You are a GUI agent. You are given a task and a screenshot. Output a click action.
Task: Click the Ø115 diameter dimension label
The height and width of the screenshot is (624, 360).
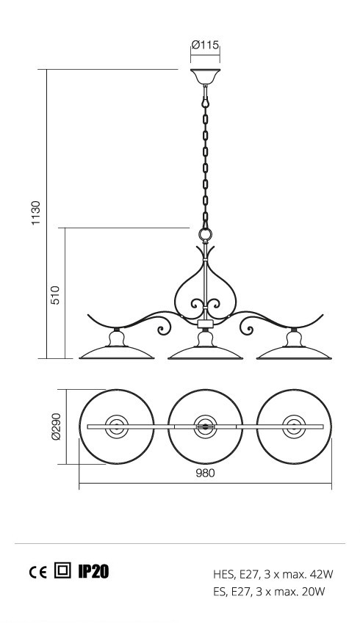pyautogui.click(x=206, y=45)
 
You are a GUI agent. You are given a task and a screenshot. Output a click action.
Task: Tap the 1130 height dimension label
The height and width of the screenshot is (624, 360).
pyautogui.click(x=36, y=213)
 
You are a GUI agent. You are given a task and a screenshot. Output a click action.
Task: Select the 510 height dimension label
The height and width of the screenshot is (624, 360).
pyautogui.click(x=55, y=295)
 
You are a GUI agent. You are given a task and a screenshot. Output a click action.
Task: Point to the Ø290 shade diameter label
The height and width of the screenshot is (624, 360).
pyautogui.click(x=56, y=427)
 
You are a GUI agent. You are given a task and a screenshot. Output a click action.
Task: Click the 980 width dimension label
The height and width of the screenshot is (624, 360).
pyautogui.click(x=206, y=474)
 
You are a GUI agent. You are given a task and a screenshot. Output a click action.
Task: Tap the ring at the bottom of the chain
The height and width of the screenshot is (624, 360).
pyautogui.click(x=206, y=234)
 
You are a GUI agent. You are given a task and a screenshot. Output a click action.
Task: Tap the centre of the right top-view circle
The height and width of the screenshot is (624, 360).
pyautogui.click(x=294, y=427)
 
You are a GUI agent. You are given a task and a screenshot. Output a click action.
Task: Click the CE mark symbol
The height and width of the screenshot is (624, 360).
pyautogui.click(x=37, y=573)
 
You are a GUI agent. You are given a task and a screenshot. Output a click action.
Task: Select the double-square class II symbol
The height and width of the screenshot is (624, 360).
pyautogui.click(x=62, y=570)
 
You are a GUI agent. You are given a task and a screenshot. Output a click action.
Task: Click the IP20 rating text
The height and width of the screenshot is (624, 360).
pyautogui.click(x=93, y=571)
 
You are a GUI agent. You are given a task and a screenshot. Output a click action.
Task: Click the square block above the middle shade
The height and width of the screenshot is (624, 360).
pyautogui.click(x=205, y=323)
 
